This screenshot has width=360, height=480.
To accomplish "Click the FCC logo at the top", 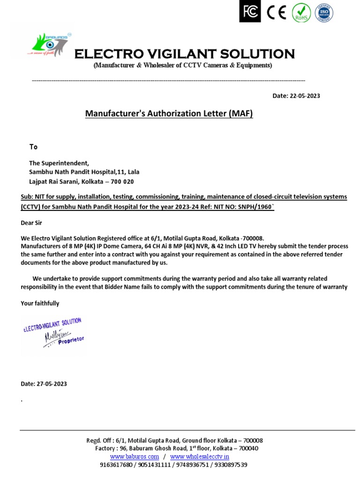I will coord(249,12).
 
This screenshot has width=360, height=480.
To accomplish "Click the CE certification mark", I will coord(276,13).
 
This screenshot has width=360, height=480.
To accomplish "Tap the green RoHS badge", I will coord(300,13).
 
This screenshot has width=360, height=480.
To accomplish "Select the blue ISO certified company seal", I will coord(324,12).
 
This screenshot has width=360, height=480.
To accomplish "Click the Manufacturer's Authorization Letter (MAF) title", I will coord(169,114).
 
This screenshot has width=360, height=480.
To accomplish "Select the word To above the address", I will coord(33,147).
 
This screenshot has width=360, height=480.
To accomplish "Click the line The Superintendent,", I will coord(59,163).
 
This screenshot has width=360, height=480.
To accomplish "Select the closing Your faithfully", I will coord(40,303).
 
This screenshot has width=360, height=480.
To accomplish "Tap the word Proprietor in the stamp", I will coord(71,341).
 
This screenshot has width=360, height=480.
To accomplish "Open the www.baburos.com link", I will coord(135,456).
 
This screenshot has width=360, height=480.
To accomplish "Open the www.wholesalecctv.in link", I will coord(199,456).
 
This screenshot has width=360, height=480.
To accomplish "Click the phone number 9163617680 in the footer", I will coord(116,465).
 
